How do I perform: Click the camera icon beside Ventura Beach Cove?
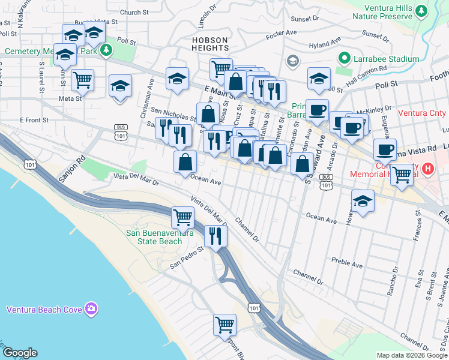91,309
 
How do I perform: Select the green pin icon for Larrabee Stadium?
345,59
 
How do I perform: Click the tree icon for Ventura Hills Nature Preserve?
421,11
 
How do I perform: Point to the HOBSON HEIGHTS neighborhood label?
210,46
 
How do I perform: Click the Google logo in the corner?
20,353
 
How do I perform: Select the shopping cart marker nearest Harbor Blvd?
224,325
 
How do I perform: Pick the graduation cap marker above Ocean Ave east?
363,201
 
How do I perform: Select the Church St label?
134,11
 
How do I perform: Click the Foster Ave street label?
282,32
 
